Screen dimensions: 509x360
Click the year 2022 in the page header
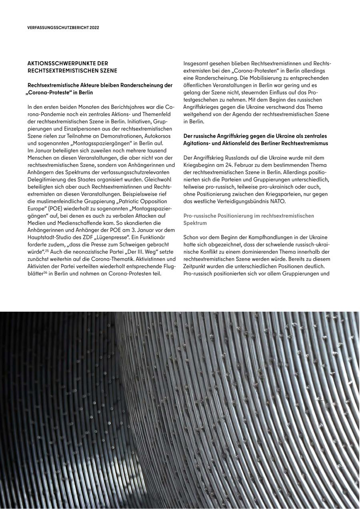(x=94, y=28)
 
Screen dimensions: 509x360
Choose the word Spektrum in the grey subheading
(x=195, y=223)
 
